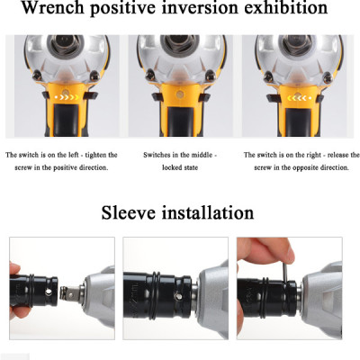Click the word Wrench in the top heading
(53, 7)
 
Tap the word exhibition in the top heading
(285, 7)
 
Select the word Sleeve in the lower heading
(129, 212)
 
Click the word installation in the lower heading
(208, 212)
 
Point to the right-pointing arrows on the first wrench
(68, 97)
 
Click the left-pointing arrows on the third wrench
(296, 98)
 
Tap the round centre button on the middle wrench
(180, 94)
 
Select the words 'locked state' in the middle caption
(180, 167)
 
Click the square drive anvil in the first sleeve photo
(69, 292)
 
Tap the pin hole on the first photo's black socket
(48, 292)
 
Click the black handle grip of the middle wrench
(180, 121)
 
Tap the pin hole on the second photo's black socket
(178, 296)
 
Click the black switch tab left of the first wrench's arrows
(46, 95)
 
